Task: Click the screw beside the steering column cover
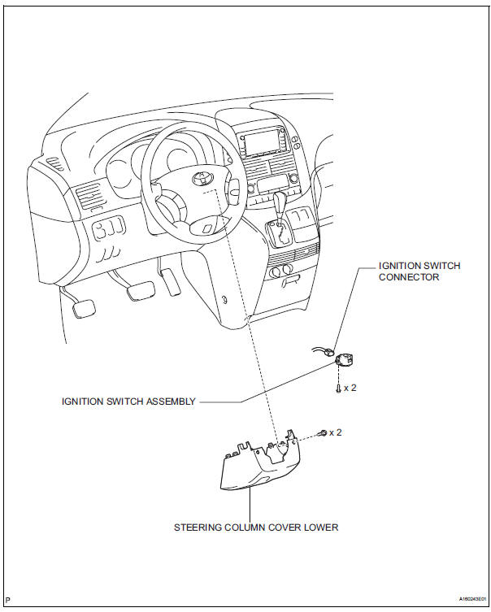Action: tap(324, 433)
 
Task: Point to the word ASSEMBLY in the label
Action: tap(173, 401)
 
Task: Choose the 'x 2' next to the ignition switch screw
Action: tap(350, 388)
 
